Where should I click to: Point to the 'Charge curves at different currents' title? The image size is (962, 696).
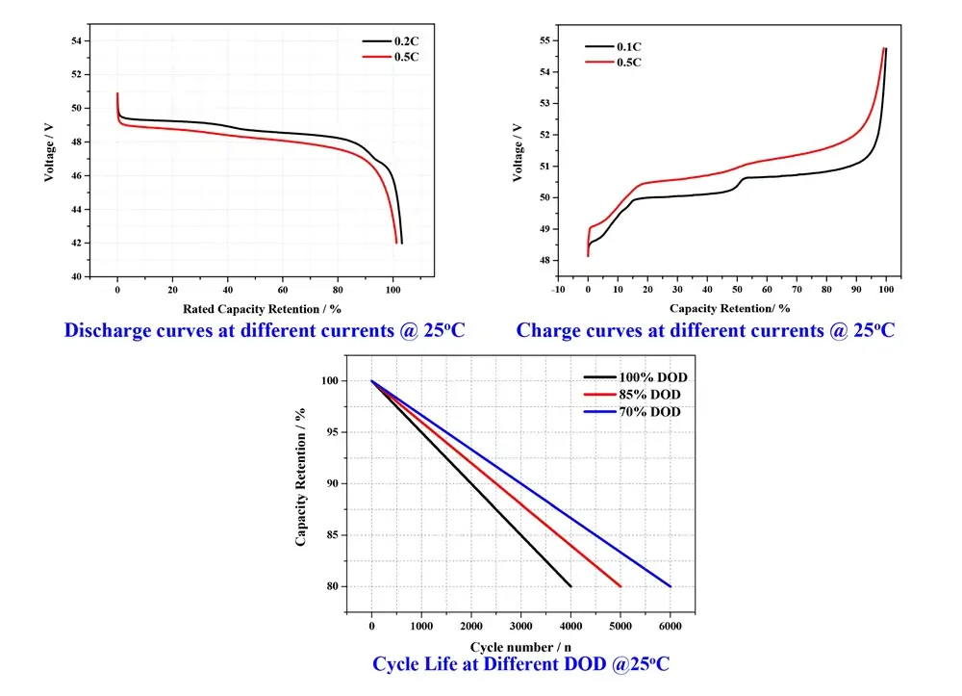pyautogui.click(x=705, y=330)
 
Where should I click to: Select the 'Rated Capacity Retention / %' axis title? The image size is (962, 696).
pyautogui.click(x=262, y=308)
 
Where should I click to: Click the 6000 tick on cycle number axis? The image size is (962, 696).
pyautogui.click(x=670, y=626)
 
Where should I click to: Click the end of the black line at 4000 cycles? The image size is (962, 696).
pyautogui.click(x=570, y=585)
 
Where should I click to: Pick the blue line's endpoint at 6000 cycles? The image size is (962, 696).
pyautogui.click(x=670, y=585)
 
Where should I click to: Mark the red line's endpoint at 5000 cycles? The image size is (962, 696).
pyautogui.click(x=620, y=585)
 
